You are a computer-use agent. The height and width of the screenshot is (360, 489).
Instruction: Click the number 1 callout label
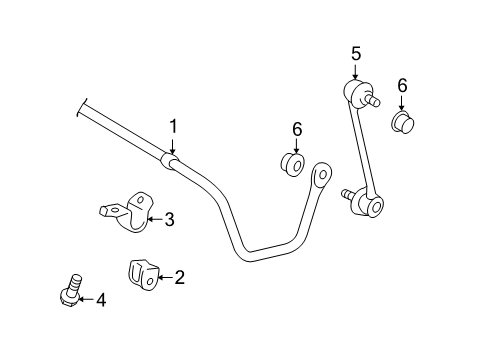point(173,126)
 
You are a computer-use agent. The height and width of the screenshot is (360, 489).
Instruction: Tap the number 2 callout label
point(180,277)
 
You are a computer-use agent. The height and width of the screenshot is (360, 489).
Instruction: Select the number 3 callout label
point(170,219)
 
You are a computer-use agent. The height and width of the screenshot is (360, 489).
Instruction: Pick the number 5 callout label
point(353,55)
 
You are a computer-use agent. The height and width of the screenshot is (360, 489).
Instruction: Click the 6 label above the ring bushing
point(297,128)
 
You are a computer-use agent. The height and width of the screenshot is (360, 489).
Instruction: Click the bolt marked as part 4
point(71,290)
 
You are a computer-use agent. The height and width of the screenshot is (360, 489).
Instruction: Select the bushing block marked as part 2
point(142,273)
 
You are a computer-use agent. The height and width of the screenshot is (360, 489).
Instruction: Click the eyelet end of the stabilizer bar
point(322,175)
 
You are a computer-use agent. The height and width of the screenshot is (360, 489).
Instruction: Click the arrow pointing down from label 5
point(353,72)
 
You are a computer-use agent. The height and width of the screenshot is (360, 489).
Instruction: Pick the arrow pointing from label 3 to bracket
point(154,219)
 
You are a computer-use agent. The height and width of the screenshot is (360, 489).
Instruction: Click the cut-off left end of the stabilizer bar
point(83,109)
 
